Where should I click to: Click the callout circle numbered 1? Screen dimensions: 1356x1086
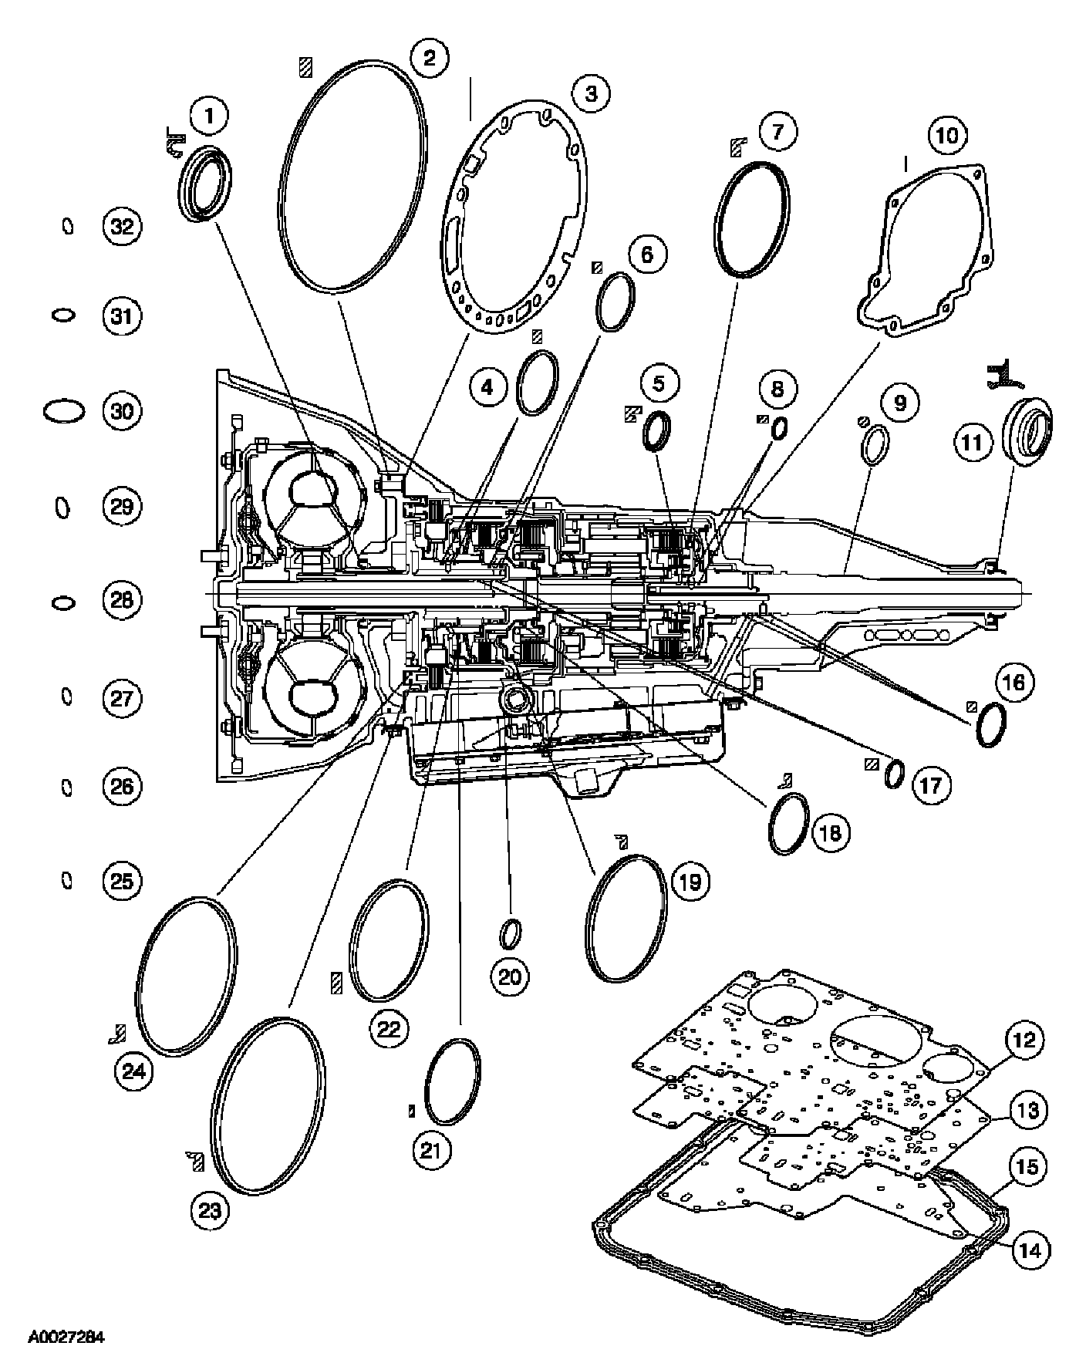[209, 117]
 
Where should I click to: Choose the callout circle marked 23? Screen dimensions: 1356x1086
[210, 1209]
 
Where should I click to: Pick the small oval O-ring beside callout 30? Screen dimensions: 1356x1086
[64, 411]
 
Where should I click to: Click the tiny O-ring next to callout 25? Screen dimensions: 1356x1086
[67, 880]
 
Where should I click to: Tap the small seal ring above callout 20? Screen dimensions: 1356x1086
[509, 933]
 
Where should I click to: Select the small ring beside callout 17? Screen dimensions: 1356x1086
[894, 774]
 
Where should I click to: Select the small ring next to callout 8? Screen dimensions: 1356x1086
[780, 427]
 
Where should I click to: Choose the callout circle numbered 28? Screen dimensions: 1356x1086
[122, 599]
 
